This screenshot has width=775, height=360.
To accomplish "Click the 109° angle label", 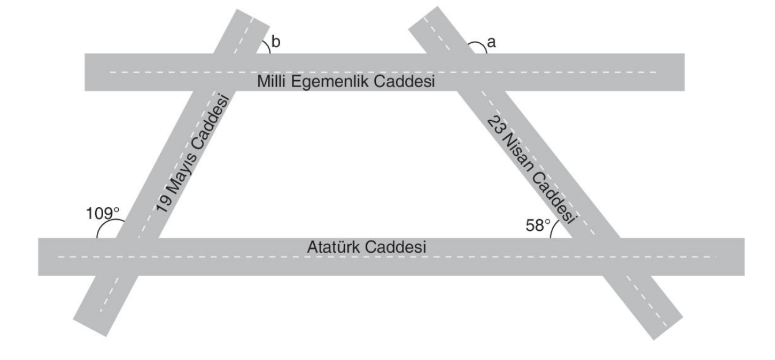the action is (103, 213).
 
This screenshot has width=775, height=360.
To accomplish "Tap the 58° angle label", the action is (537, 226).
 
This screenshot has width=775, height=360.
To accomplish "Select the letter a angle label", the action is (491, 43).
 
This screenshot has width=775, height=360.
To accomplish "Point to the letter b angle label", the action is (276, 42).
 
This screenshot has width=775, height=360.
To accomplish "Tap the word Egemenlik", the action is (330, 82).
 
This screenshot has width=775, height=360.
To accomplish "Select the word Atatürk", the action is (333, 247).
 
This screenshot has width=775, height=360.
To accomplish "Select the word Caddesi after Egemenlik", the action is (404, 81).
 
